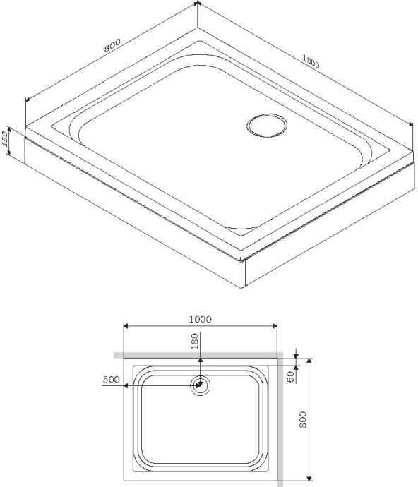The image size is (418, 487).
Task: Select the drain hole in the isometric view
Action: pos(267,127)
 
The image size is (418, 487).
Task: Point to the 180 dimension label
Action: pos(196,342)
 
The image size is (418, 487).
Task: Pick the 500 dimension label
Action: pos(111,380)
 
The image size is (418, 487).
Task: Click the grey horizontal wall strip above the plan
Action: pos(198,356)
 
